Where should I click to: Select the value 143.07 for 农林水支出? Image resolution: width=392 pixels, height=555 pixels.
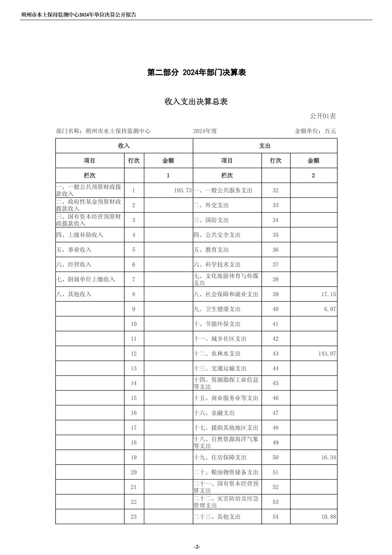327,353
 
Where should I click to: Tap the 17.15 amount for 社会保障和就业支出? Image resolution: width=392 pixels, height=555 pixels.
328,294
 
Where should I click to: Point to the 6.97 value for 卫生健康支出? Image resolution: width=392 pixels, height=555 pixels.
330,309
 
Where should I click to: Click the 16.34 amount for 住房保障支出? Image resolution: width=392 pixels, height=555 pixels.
328,458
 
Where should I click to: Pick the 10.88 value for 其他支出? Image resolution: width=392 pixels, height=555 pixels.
328,517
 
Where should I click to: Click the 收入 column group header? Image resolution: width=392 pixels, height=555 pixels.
124,146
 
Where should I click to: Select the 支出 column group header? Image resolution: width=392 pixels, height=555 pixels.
265,146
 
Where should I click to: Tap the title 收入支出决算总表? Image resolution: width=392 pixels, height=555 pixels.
196,102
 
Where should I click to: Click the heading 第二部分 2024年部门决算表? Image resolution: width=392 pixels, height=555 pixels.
196,72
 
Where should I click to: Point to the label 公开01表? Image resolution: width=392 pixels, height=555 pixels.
323,116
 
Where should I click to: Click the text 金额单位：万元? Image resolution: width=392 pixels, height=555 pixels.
315,131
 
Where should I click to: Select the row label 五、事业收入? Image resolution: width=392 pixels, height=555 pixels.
74,250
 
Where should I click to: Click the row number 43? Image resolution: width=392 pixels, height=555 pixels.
275,353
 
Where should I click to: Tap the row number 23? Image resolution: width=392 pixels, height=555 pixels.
134,517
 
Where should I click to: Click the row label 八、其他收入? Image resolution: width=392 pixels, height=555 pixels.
74,294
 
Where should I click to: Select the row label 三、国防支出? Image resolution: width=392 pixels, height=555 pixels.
211,220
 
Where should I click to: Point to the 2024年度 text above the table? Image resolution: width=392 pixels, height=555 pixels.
205,131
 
